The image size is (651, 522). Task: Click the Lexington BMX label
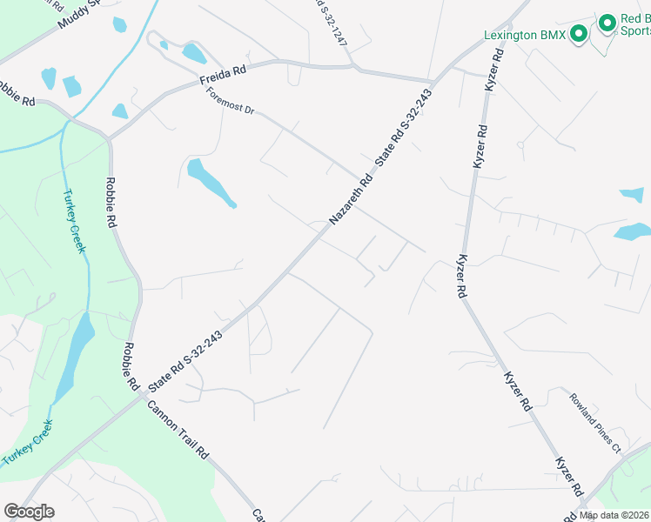pyautogui.click(x=525, y=36)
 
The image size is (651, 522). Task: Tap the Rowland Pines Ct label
pyautogui.click(x=595, y=421)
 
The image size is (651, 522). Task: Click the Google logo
pyautogui.click(x=28, y=512)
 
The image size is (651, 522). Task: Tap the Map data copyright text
pyautogui.click(x=614, y=515)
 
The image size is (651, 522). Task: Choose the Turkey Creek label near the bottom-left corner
pyautogui.click(x=27, y=444)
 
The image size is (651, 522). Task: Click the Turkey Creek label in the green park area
pyautogui.click(x=75, y=221)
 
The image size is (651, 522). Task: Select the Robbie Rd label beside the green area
pyautogui.click(x=111, y=202)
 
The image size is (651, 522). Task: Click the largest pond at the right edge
pyautogui.click(x=632, y=231)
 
